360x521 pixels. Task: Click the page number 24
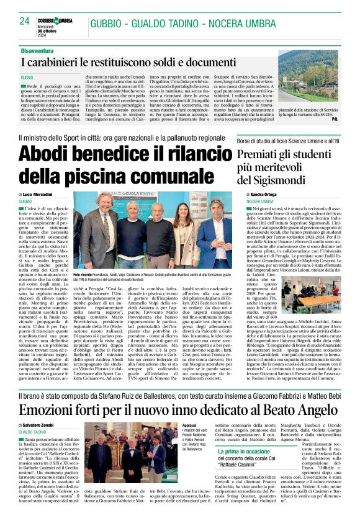click(x=24, y=21)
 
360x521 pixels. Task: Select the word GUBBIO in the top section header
click(x=110, y=24)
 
